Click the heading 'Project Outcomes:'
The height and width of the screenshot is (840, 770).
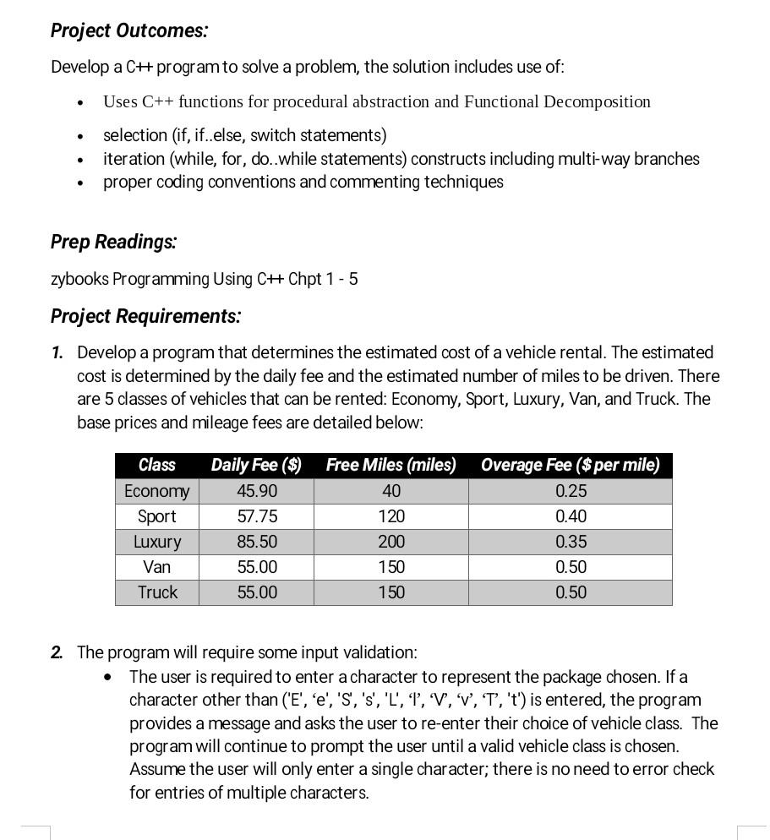128,30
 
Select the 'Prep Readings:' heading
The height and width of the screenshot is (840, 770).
113,242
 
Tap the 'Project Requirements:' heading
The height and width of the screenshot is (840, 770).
145,316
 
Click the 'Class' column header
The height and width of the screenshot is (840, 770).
156,465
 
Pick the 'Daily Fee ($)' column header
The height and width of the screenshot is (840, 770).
256,465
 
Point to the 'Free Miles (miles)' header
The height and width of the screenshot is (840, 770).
390,465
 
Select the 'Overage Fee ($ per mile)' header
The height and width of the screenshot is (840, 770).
570,465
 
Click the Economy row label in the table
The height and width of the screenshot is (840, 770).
156,491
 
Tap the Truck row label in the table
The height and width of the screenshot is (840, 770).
157,592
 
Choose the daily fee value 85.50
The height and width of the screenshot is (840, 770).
257,542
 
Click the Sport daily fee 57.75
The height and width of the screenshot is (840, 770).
257,516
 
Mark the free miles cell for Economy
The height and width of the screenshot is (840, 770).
391,491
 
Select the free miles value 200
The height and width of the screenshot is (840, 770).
391,542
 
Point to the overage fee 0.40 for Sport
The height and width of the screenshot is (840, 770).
571,516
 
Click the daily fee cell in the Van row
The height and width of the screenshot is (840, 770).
257,567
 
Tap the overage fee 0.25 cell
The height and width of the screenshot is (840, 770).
571,491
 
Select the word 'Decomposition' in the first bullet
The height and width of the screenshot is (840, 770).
597,102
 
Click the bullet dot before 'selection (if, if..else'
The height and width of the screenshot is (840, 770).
80,136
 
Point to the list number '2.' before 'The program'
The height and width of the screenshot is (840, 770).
57,652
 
